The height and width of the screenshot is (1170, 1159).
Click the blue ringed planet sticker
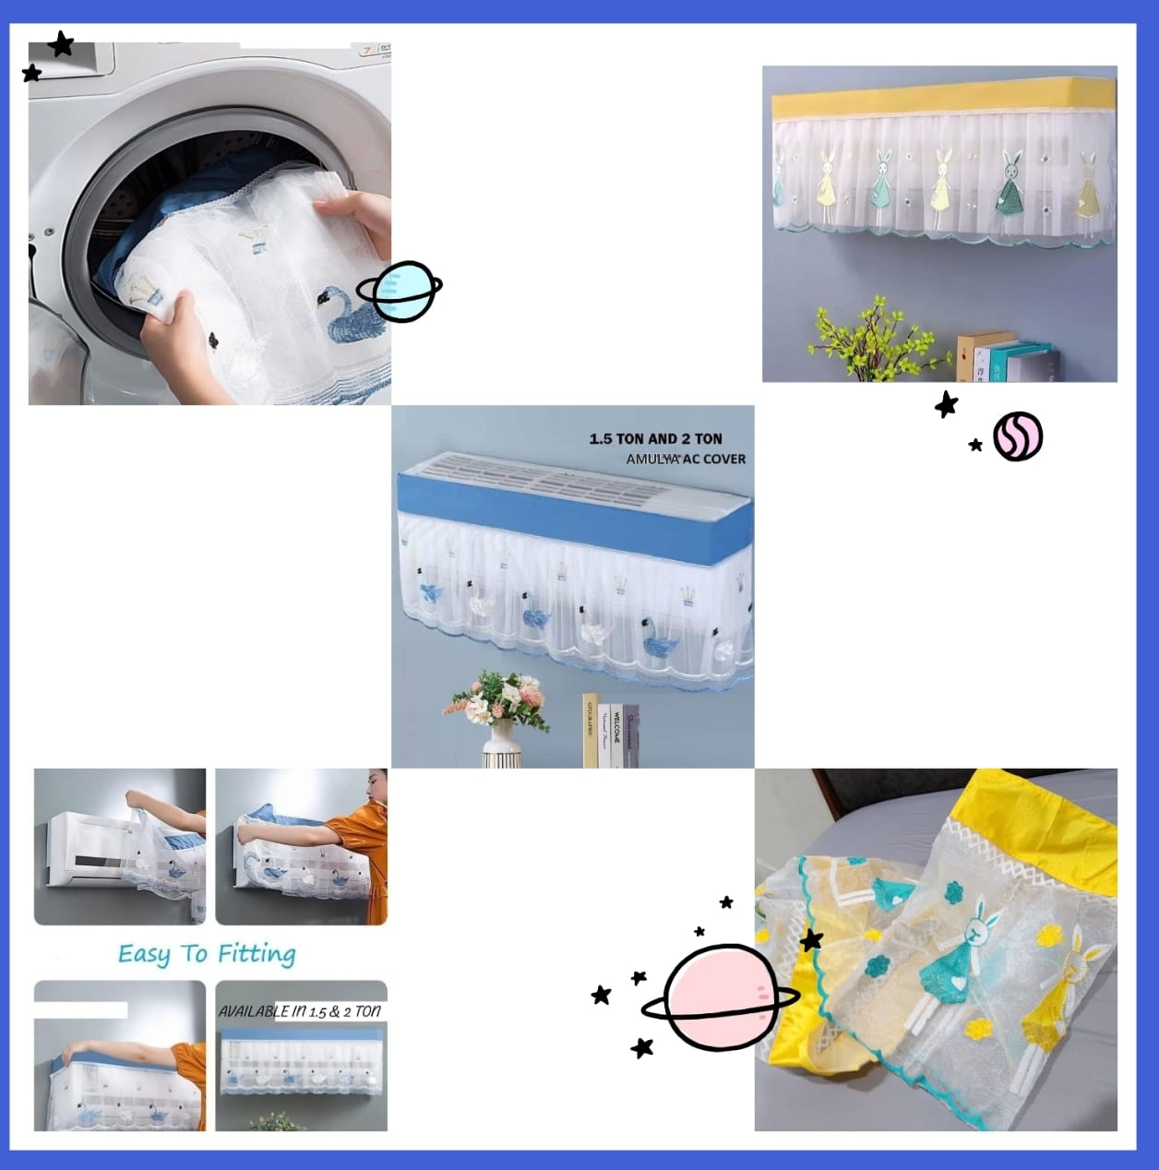(400, 292)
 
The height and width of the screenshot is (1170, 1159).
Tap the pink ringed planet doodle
(721, 998)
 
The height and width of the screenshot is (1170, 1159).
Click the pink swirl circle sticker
(1018, 436)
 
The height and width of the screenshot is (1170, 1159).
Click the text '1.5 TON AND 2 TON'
(655, 439)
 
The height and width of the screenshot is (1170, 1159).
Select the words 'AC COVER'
(714, 459)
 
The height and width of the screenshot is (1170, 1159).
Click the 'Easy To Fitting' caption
(207, 954)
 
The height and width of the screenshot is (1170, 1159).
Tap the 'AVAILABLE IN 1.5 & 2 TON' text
(300, 1011)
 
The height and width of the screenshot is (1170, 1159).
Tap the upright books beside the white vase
(611, 732)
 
